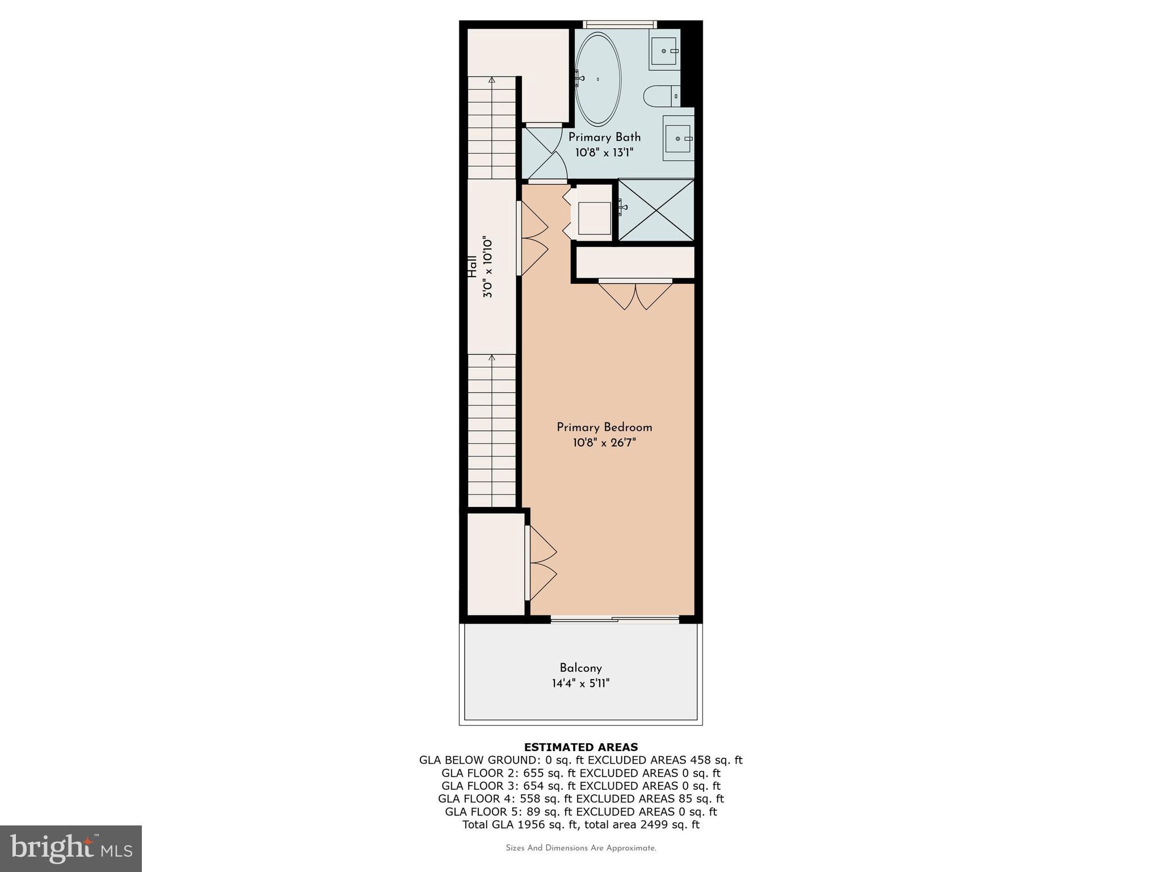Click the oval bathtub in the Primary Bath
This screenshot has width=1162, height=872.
point(597,79)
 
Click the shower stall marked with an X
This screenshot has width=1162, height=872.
point(656,210)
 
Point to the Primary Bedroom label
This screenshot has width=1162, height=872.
point(604,427)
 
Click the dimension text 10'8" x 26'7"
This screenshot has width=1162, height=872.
point(604,443)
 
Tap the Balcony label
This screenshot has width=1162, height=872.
point(580,668)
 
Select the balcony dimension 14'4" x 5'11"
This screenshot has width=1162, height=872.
point(580,684)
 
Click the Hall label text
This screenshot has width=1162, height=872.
point(472,267)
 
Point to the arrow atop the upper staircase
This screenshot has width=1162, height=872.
point(491,81)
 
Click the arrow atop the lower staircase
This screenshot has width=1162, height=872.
point(491,358)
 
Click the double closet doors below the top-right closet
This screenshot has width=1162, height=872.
point(635,295)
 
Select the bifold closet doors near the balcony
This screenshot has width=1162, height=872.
point(542,563)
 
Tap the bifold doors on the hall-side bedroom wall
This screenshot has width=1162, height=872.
point(533,238)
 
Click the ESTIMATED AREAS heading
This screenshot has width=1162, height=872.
point(580,747)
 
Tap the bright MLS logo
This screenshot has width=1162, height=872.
point(71,848)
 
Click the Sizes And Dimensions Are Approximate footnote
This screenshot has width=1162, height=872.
point(580,848)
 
